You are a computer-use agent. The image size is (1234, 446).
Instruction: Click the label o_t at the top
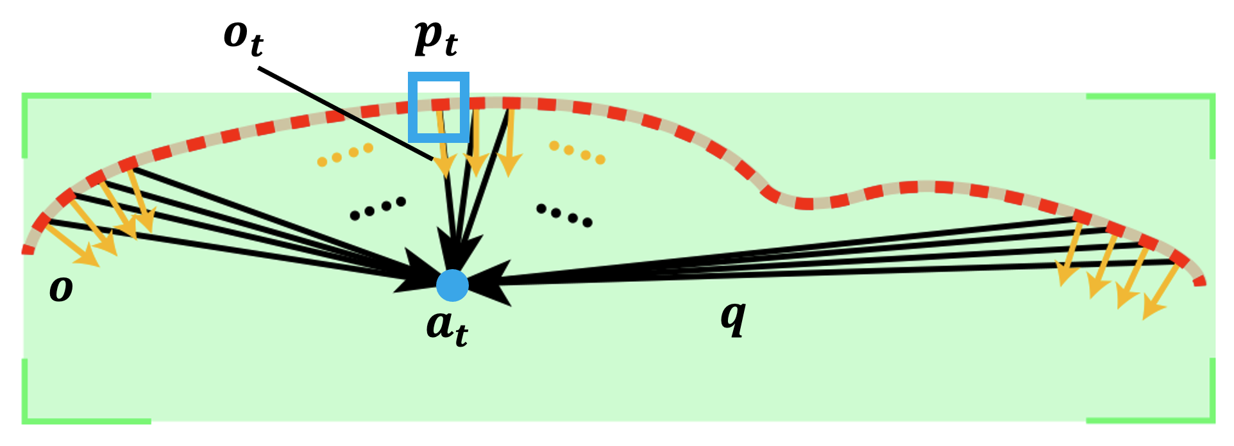(244, 38)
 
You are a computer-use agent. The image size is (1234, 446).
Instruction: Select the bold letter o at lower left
(61, 290)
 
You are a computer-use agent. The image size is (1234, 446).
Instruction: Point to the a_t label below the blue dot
(447, 327)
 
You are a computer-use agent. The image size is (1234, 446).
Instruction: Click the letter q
(733, 317)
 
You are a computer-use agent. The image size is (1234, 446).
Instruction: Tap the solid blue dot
(452, 286)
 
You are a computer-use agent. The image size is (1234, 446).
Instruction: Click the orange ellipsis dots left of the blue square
(345, 154)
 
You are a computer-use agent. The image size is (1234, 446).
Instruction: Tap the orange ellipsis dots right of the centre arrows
(577, 153)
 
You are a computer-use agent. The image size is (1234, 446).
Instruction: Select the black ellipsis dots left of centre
(378, 208)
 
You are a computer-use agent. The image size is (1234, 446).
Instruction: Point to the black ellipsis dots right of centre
(564, 215)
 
